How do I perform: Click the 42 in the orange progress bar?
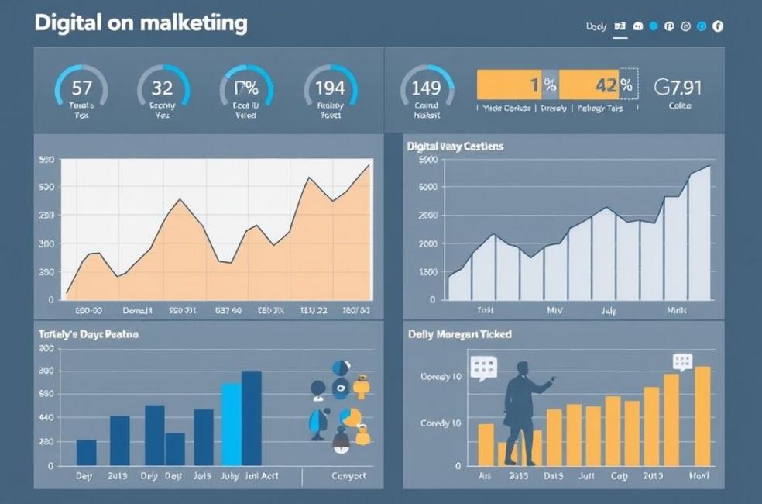605,85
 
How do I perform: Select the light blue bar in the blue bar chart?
231,423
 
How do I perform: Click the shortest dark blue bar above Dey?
86,452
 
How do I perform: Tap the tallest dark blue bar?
252,418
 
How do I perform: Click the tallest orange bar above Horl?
702,416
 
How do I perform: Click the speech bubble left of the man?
482,368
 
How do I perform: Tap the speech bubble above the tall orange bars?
682,361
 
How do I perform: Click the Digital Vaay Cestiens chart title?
455,146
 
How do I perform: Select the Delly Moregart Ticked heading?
459,334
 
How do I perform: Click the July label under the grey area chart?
609,310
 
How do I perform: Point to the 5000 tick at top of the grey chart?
427,160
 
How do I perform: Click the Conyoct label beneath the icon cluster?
348,476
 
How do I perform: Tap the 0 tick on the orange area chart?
52,299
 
